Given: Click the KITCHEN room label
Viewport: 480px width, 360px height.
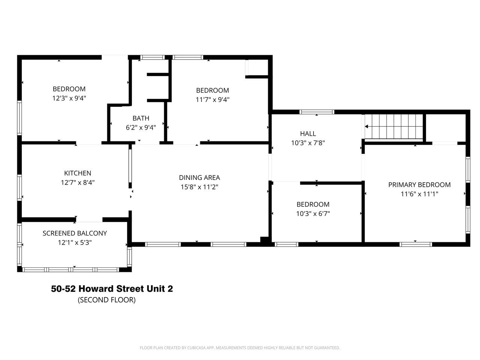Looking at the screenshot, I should point(78,173).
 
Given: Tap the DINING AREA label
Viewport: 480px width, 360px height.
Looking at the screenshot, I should point(199,178).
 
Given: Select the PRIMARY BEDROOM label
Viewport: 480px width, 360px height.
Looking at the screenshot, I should point(419,184).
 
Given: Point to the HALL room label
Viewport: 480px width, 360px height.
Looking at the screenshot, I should point(308,133).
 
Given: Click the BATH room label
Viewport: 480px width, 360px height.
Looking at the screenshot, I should point(141,118).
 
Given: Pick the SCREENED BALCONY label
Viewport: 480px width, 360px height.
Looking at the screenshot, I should point(75,233).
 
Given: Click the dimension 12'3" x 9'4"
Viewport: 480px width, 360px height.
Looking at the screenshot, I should point(69,98).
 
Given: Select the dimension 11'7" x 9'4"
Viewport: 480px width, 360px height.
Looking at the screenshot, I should point(212,100).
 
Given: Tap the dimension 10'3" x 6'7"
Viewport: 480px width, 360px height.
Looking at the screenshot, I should point(313,214).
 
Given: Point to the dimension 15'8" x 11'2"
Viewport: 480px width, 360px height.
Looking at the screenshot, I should point(199,187).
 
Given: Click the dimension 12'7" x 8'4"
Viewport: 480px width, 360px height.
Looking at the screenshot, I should point(78,183).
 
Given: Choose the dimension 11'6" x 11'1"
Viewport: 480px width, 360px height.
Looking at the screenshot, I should point(419,194).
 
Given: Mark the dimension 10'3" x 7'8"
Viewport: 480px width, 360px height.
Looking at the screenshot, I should point(308,143).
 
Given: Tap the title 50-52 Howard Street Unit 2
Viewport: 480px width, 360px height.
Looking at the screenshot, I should point(112,289).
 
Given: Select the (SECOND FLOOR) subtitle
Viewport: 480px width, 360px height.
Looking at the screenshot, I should point(106,300).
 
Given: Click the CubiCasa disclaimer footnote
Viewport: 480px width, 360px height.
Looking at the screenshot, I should point(240,348).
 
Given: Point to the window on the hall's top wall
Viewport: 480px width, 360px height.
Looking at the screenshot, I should point(316,112).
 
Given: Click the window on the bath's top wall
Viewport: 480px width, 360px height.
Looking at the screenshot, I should point(152,57).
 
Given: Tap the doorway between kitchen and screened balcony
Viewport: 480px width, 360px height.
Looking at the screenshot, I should point(89,219).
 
